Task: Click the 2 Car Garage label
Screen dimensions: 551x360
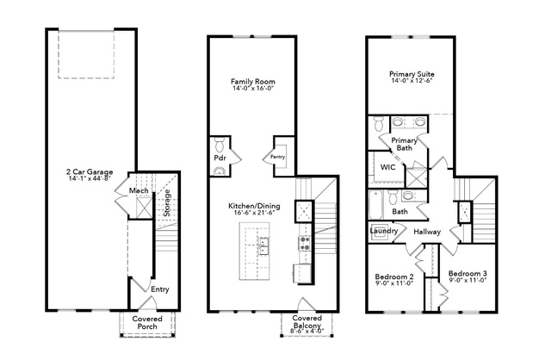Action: click(90, 172)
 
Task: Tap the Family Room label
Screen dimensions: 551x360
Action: click(252, 82)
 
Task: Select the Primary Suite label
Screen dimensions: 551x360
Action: click(412, 74)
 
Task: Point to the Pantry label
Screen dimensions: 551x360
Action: click(277, 157)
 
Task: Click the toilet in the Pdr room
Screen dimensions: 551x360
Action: click(220, 145)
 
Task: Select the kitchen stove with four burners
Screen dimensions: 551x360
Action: click(304, 243)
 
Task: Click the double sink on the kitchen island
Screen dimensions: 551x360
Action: click(263, 246)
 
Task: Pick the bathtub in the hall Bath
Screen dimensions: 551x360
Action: click(375, 204)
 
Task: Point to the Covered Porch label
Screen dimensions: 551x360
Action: click(147, 323)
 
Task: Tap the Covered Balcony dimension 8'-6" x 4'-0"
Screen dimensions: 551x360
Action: click(307, 331)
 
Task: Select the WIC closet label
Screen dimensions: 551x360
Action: click(387, 167)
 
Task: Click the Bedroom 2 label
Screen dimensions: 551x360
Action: click(394, 276)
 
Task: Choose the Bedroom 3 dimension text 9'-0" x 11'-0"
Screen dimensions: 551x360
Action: click(467, 280)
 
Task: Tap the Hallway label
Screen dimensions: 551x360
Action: click(427, 232)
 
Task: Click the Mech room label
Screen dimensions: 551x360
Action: click(139, 190)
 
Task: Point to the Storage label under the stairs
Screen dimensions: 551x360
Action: click(167, 203)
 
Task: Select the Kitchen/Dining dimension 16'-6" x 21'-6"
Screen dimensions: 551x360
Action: click(254, 213)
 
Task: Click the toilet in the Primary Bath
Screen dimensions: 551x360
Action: click(379, 123)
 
